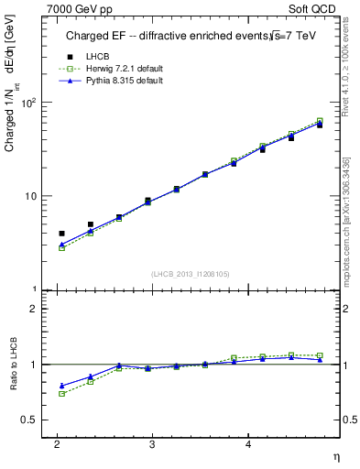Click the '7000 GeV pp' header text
pos(80,8)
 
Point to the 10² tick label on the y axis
pos(29,103)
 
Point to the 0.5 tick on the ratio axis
pos(28,420)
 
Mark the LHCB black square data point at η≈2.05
pos(61,234)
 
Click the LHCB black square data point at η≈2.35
pos(91,224)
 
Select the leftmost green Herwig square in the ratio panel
pos(61,394)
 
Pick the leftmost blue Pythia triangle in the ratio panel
pos(61,386)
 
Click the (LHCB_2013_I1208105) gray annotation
pos(190,273)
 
